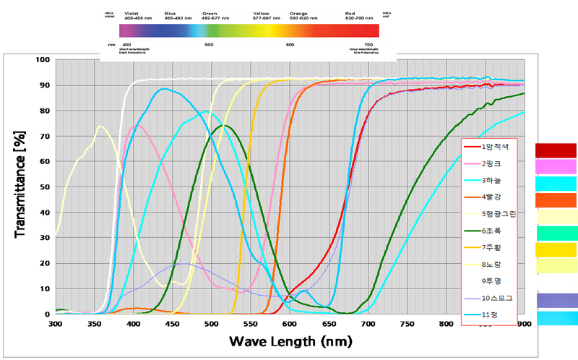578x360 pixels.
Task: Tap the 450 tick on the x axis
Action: pyautogui.click(x=172, y=323)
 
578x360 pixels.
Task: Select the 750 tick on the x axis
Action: pyautogui.click(x=407, y=323)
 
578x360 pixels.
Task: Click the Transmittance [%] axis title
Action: pyautogui.click(x=20, y=187)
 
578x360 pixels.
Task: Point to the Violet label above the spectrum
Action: pyautogui.click(x=131, y=13)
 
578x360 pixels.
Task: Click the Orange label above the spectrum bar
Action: pyautogui.click(x=298, y=13)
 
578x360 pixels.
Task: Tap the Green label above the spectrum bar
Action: pyautogui.click(x=210, y=13)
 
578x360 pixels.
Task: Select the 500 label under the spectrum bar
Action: pyautogui.click(x=209, y=45)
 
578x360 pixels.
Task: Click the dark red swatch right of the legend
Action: pyautogui.click(x=556, y=150)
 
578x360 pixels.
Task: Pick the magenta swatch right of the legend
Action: pyautogui.click(x=556, y=166)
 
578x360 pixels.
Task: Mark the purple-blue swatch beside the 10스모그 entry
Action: pyautogui.click(x=556, y=300)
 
